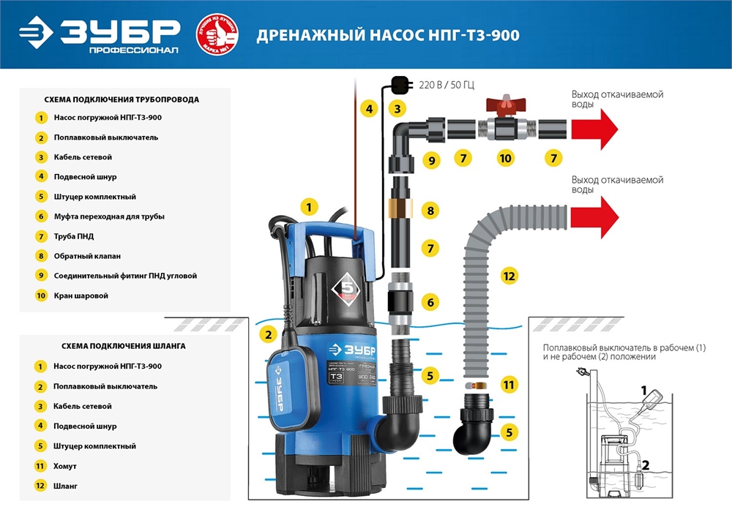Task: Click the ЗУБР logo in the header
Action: (x=99, y=34)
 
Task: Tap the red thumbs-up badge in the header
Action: (x=217, y=34)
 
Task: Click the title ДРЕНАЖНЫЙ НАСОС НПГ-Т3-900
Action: (x=388, y=35)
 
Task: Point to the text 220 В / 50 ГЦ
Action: (x=447, y=85)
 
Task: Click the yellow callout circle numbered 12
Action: (x=509, y=277)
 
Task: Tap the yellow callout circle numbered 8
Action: (x=431, y=211)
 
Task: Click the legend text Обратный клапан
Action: (x=87, y=256)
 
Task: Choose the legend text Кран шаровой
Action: (x=81, y=296)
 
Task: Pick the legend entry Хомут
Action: (x=65, y=465)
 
